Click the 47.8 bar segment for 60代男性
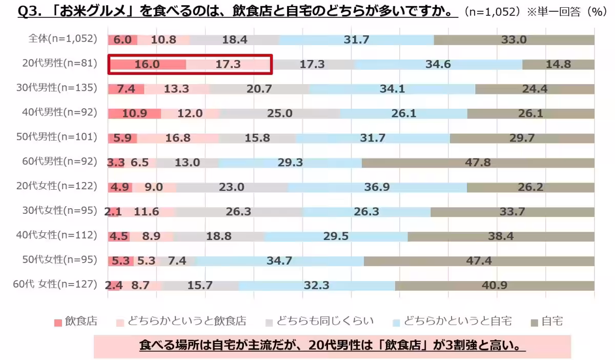[478, 163]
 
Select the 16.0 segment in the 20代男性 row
[147, 64]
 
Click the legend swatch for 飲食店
[58, 323]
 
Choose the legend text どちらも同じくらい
[325, 322]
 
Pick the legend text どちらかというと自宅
[458, 322]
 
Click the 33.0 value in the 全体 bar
[514, 39]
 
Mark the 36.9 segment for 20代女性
[377, 187]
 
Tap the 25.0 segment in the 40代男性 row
[279, 113]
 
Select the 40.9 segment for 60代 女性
[495, 286]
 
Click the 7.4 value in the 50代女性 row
[177, 261]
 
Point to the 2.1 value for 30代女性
[112, 212]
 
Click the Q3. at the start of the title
[29, 11]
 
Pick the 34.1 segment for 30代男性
[392, 89]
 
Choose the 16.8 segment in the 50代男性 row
[178, 138]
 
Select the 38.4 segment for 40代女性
[501, 236]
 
